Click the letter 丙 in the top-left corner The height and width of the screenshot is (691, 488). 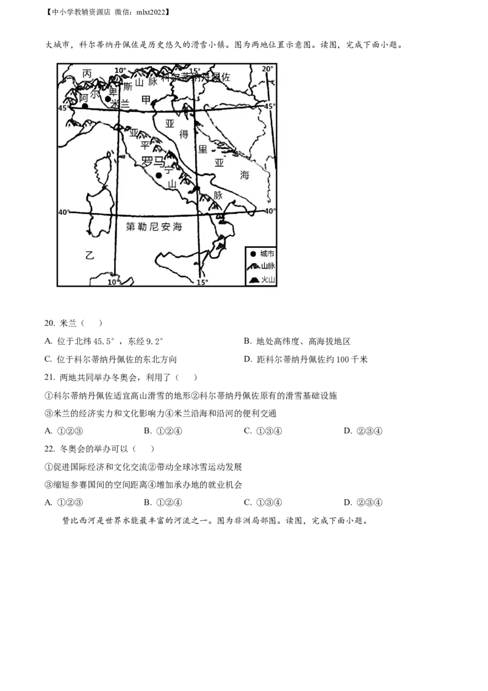(x=87, y=73)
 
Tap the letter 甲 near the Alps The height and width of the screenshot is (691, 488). (x=145, y=99)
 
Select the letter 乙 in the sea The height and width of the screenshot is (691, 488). (x=90, y=256)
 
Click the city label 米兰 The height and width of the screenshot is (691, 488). (x=120, y=104)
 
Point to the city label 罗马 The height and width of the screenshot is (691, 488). (x=152, y=162)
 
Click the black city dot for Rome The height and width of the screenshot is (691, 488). (x=159, y=175)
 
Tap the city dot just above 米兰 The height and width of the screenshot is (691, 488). (x=108, y=99)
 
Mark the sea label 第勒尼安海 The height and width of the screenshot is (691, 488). (x=154, y=226)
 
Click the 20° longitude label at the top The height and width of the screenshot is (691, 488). (x=268, y=69)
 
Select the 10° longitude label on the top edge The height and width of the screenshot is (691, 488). (x=120, y=71)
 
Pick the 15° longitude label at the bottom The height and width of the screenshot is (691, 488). (x=202, y=282)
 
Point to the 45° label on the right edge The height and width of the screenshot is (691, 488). (x=270, y=106)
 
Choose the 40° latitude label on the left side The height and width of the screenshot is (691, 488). (x=63, y=212)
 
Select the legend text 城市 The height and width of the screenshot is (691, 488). (x=267, y=253)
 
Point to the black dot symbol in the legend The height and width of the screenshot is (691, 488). (x=253, y=253)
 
